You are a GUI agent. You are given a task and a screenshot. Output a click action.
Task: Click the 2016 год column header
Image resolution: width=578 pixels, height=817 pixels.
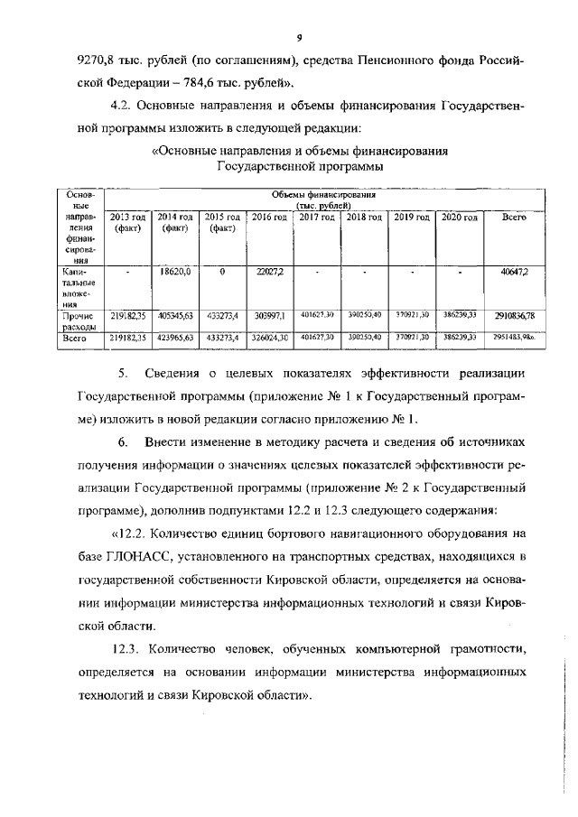(269, 218)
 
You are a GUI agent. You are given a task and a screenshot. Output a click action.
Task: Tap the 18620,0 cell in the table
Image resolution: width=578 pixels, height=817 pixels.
(174, 271)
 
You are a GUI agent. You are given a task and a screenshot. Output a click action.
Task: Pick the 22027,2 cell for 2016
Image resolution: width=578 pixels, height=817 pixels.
(269, 271)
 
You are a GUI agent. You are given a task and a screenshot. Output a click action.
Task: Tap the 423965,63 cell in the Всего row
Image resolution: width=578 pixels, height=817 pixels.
(174, 336)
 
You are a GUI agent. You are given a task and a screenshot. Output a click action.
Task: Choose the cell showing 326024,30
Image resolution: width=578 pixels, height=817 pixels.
(269, 336)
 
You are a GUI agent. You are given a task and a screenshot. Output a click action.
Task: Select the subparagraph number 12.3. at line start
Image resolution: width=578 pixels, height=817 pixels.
(128, 647)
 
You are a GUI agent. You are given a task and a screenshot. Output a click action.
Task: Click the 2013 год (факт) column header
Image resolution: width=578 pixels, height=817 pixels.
(127, 223)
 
